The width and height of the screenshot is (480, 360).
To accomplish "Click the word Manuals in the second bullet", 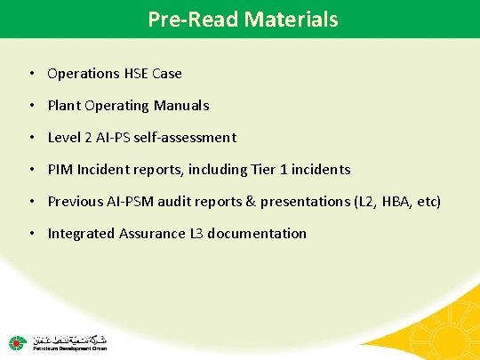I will [x=181, y=106].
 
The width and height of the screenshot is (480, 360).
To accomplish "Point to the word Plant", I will [x=64, y=106].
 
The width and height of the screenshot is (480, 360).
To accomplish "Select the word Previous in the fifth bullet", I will [x=76, y=202].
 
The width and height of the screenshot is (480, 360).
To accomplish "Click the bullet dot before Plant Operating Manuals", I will [x=32, y=106].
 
